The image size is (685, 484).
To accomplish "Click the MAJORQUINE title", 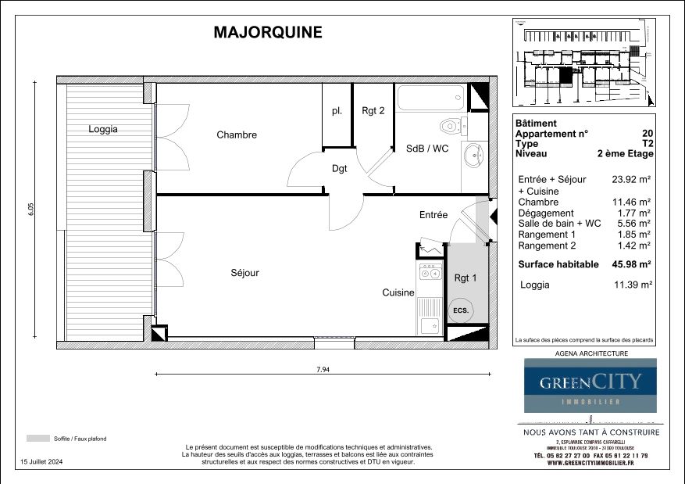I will pos(267,33).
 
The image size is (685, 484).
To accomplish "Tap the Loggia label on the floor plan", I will pos(103,129).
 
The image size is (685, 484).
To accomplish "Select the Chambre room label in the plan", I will pos(237,134).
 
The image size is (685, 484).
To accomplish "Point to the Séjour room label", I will pos(244,273).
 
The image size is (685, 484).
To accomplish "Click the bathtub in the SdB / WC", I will pos(431,99).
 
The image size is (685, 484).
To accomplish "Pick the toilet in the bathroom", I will pos(452,125).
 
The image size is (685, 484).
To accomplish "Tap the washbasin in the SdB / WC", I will pos(473,155).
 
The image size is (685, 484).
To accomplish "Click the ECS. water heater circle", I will pos(461,310).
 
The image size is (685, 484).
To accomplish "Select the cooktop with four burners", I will pos(430,273).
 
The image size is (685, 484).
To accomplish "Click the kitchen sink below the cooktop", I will pos(429,324).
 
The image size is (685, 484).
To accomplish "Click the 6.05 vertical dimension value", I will pos(31,209).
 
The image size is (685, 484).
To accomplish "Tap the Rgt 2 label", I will pos(373,111).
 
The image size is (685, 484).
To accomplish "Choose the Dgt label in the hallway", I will pos(339,168).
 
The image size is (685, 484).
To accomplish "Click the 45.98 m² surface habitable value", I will pos(632,264).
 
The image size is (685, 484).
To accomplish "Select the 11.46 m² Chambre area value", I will pos(632,202).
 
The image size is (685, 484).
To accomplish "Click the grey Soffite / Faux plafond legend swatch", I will pos(37,438).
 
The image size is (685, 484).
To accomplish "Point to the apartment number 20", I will pos(648,134).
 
